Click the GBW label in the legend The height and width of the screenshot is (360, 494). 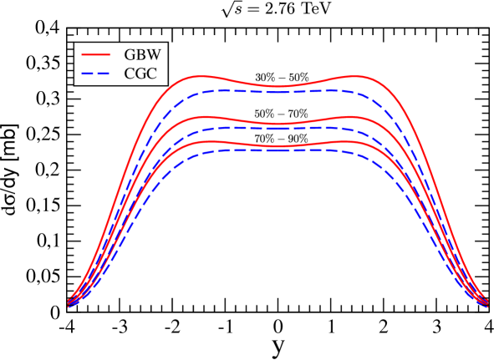pyautogui.click(x=142, y=55)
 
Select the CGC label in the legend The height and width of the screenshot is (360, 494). pyautogui.click(x=140, y=74)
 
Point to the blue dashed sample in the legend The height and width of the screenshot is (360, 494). pyautogui.click(x=95, y=74)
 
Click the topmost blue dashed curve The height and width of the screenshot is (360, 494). pyautogui.click(x=276, y=91)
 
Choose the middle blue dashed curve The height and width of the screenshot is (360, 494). pyautogui.click(x=276, y=129)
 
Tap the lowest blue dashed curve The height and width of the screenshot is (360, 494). pyautogui.click(x=276, y=150)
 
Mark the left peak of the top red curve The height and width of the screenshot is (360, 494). pyautogui.click(x=201, y=76)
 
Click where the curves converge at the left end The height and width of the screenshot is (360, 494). pyautogui.click(x=69, y=302)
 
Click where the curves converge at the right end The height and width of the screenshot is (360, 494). pyautogui.click(x=486, y=302)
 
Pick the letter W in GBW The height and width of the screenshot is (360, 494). pyautogui.click(x=154, y=55)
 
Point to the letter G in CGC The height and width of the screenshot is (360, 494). pyautogui.click(x=140, y=74)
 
